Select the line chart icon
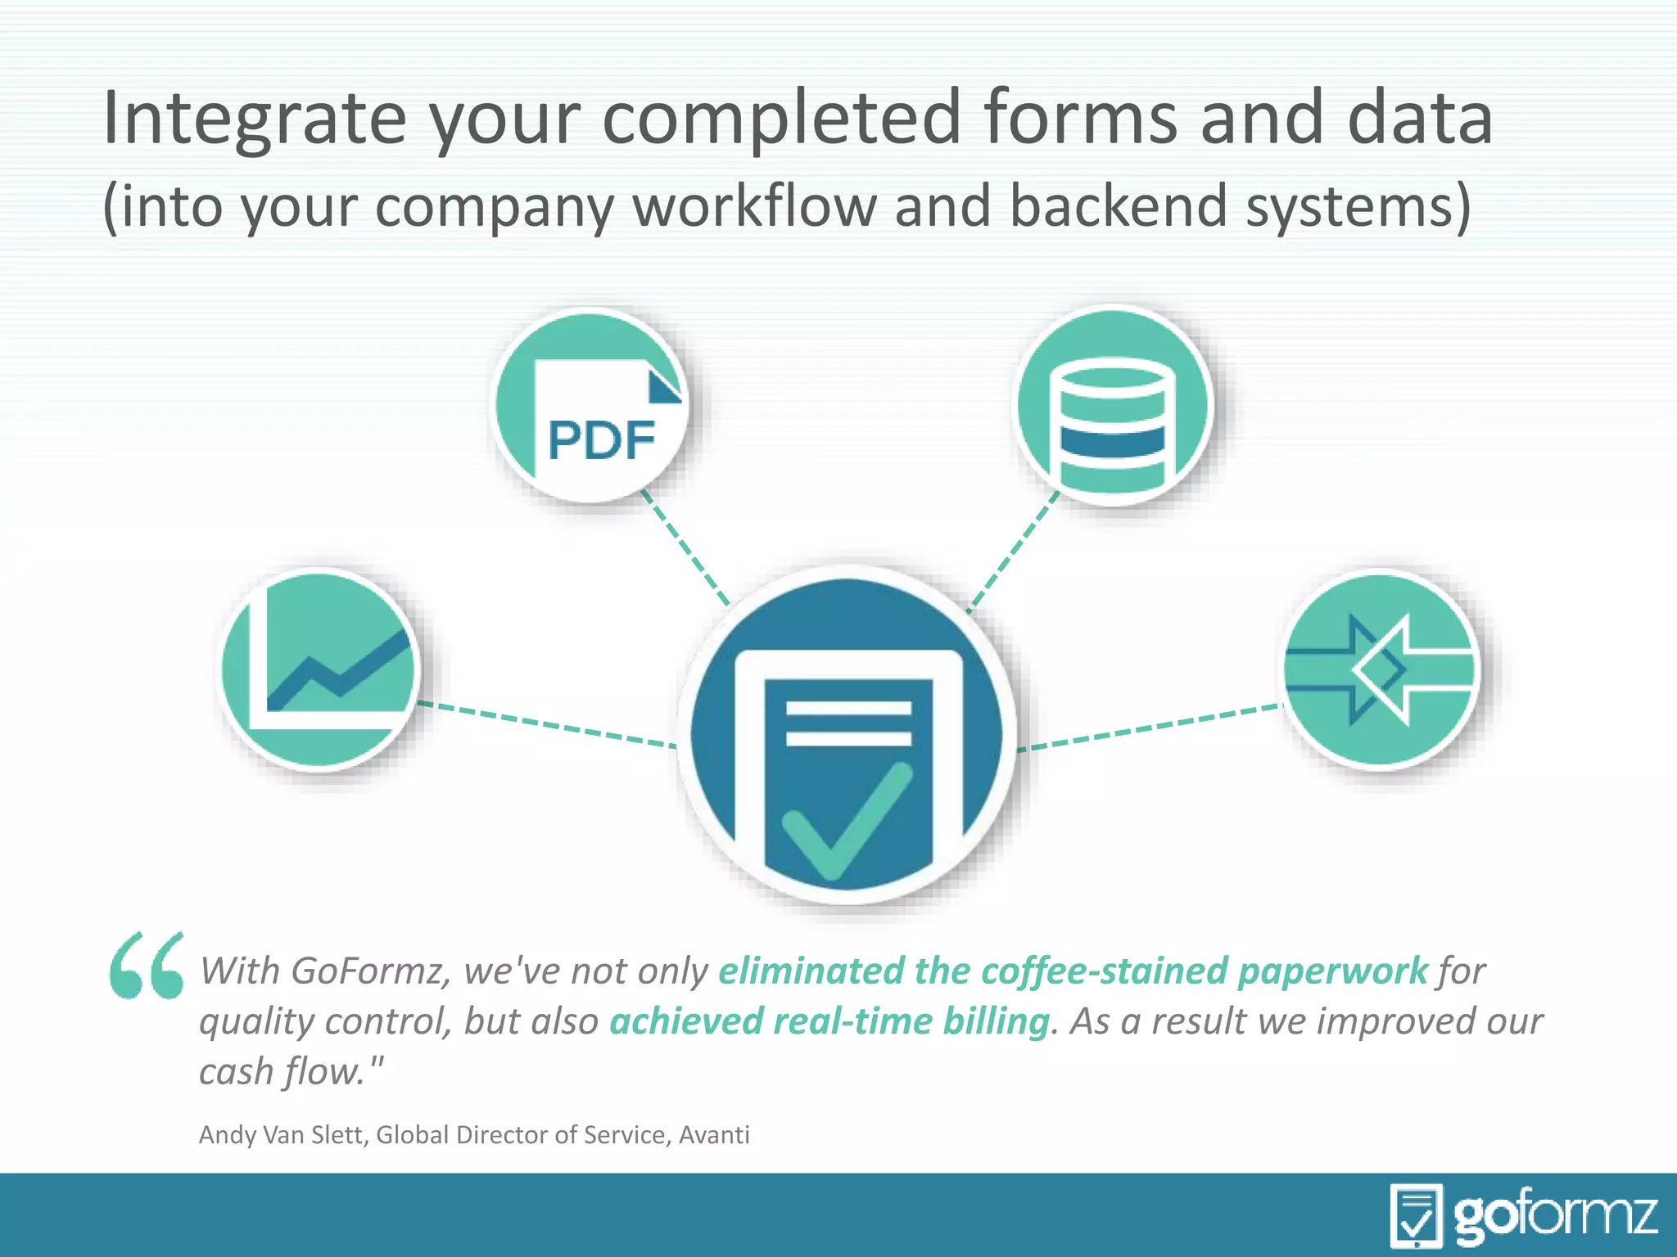click(320, 669)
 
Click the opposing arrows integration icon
click(1381, 669)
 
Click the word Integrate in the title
click(254, 119)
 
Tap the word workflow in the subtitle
click(754, 206)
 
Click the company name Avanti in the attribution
click(714, 1135)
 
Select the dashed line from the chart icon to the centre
click(547, 724)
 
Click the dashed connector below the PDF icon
click(685, 547)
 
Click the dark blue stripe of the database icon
click(1113, 441)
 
